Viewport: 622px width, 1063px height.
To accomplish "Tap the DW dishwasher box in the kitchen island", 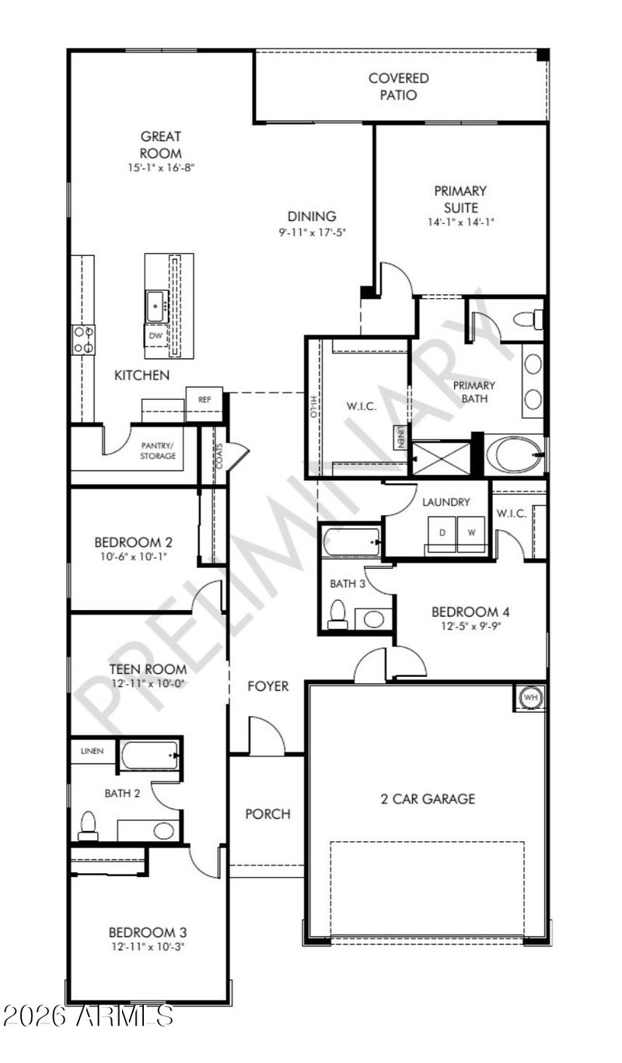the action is point(155,335).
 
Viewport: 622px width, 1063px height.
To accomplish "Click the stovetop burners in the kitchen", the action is point(83,339).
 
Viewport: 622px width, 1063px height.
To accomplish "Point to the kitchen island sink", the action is point(157,307).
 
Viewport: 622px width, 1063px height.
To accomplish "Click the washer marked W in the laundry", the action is point(471,534).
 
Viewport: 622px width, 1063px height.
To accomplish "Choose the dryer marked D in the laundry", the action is point(442,534).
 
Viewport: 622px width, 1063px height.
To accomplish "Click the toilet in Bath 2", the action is point(88,826).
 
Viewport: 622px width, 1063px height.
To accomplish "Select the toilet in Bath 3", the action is point(337,614).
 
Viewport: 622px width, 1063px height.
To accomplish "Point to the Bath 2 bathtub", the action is point(150,755).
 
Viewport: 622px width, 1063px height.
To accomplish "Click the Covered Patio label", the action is point(399,86).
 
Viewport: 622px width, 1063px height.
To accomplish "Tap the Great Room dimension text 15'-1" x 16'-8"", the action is point(161,167).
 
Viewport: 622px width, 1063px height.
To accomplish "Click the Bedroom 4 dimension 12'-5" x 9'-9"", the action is point(470,626).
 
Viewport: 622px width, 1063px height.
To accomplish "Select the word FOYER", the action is point(268,686).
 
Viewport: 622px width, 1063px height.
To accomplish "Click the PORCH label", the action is point(268,814).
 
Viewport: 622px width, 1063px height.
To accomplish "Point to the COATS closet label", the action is point(219,456).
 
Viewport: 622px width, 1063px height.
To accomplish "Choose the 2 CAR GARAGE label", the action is point(428,799).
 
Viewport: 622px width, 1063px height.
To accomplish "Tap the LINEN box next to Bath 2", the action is point(92,751).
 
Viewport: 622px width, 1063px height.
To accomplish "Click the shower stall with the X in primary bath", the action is point(442,458).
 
